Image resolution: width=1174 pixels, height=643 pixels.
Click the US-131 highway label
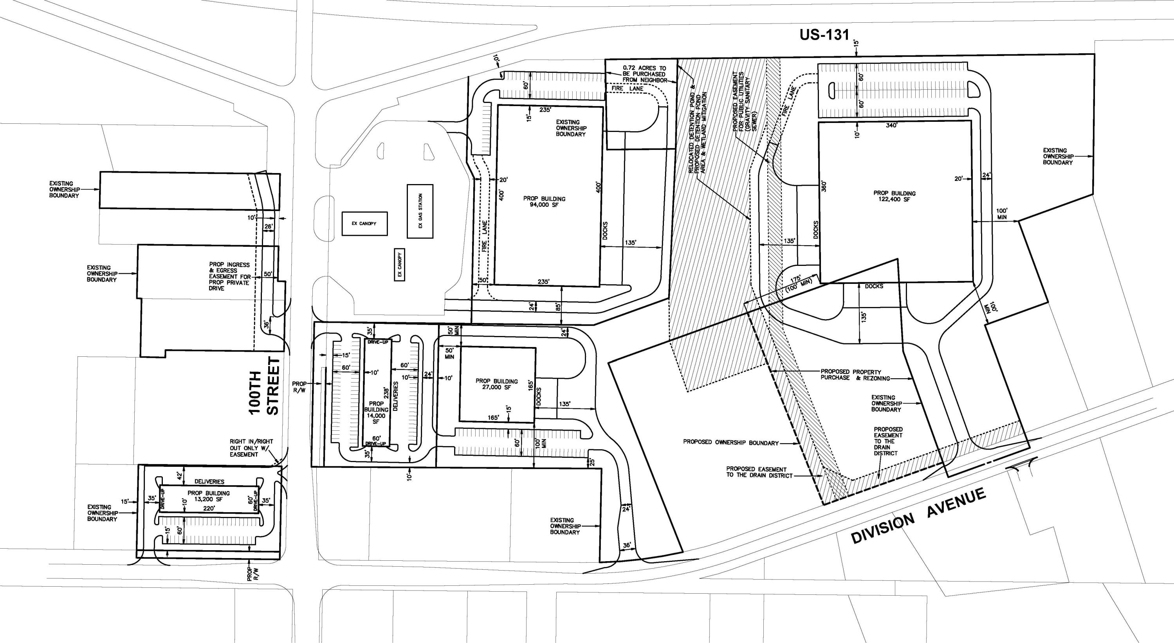click(x=824, y=35)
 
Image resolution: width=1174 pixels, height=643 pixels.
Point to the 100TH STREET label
click(x=264, y=386)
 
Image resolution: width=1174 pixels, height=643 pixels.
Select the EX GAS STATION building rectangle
click(x=420, y=211)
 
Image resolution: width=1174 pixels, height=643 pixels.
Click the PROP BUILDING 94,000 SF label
click(x=544, y=202)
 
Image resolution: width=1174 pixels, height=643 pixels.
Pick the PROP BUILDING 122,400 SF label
click(x=894, y=196)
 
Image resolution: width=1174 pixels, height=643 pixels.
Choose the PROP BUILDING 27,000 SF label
click(x=496, y=384)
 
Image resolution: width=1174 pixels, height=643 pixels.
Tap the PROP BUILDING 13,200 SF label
click(x=208, y=496)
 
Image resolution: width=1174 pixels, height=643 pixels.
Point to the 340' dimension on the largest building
click(x=891, y=125)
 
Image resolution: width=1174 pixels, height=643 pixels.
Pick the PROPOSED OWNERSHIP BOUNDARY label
click(x=730, y=443)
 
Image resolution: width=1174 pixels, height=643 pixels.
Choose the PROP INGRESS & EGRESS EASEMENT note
click(x=229, y=276)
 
